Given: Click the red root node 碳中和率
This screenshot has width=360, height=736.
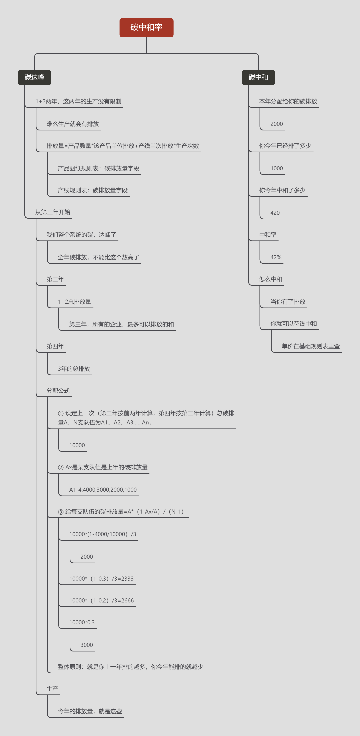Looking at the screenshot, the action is tap(146, 28).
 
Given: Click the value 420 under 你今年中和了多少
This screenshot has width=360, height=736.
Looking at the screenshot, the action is tap(275, 213).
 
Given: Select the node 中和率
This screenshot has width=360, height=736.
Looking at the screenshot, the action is tap(268, 235).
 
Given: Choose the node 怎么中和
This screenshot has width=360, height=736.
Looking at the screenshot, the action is tap(271, 279).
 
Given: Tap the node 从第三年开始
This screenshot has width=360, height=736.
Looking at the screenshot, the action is tap(53, 212).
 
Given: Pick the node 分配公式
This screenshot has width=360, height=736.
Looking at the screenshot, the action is tap(58, 391).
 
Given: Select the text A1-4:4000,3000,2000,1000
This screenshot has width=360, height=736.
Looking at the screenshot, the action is tap(103, 490).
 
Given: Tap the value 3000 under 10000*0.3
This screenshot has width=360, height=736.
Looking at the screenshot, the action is tap(87, 645).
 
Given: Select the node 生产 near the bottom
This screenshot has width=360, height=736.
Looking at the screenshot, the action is tap(52, 689).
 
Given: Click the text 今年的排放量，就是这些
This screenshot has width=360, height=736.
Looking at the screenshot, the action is tap(90, 711).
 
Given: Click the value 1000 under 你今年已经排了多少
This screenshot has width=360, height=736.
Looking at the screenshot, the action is tap(277, 169).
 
